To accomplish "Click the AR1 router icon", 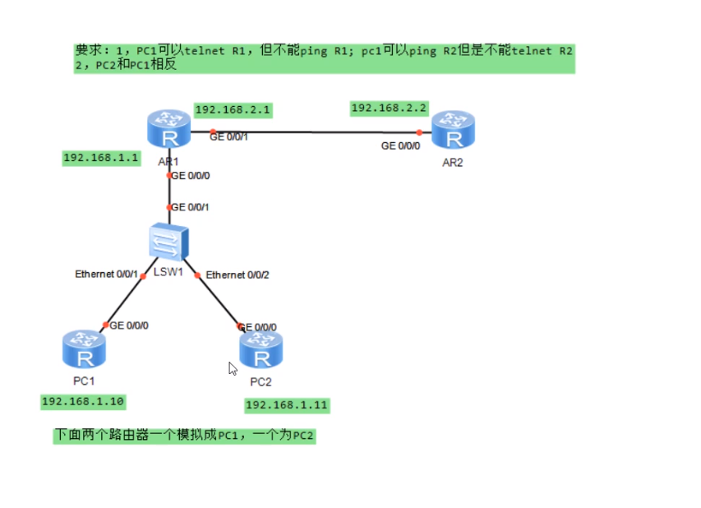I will click(168, 130).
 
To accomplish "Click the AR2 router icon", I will click(453, 131).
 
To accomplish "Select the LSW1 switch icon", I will click(169, 242).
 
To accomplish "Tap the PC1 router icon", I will click(83, 350).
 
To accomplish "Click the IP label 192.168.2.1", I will click(233, 109).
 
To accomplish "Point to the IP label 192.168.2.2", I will click(390, 108).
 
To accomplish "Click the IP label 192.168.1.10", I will click(82, 401).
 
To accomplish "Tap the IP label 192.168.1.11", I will click(287, 405).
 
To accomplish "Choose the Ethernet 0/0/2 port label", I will click(238, 275).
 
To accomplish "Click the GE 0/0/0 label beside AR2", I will click(400, 145).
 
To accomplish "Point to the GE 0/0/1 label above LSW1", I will click(190, 207).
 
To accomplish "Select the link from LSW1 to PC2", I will click(218, 297).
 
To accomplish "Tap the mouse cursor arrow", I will click(233, 368).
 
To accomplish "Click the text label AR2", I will click(453, 163).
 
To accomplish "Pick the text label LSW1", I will click(168, 272).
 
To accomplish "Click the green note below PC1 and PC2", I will click(185, 436).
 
